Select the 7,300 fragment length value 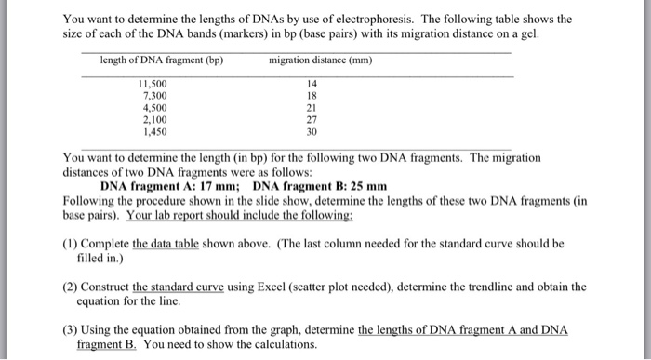tap(153, 96)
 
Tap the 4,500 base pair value tap(153, 108)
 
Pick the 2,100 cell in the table tap(153, 120)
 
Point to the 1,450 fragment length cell tap(153, 132)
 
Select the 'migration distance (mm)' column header tap(320, 61)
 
